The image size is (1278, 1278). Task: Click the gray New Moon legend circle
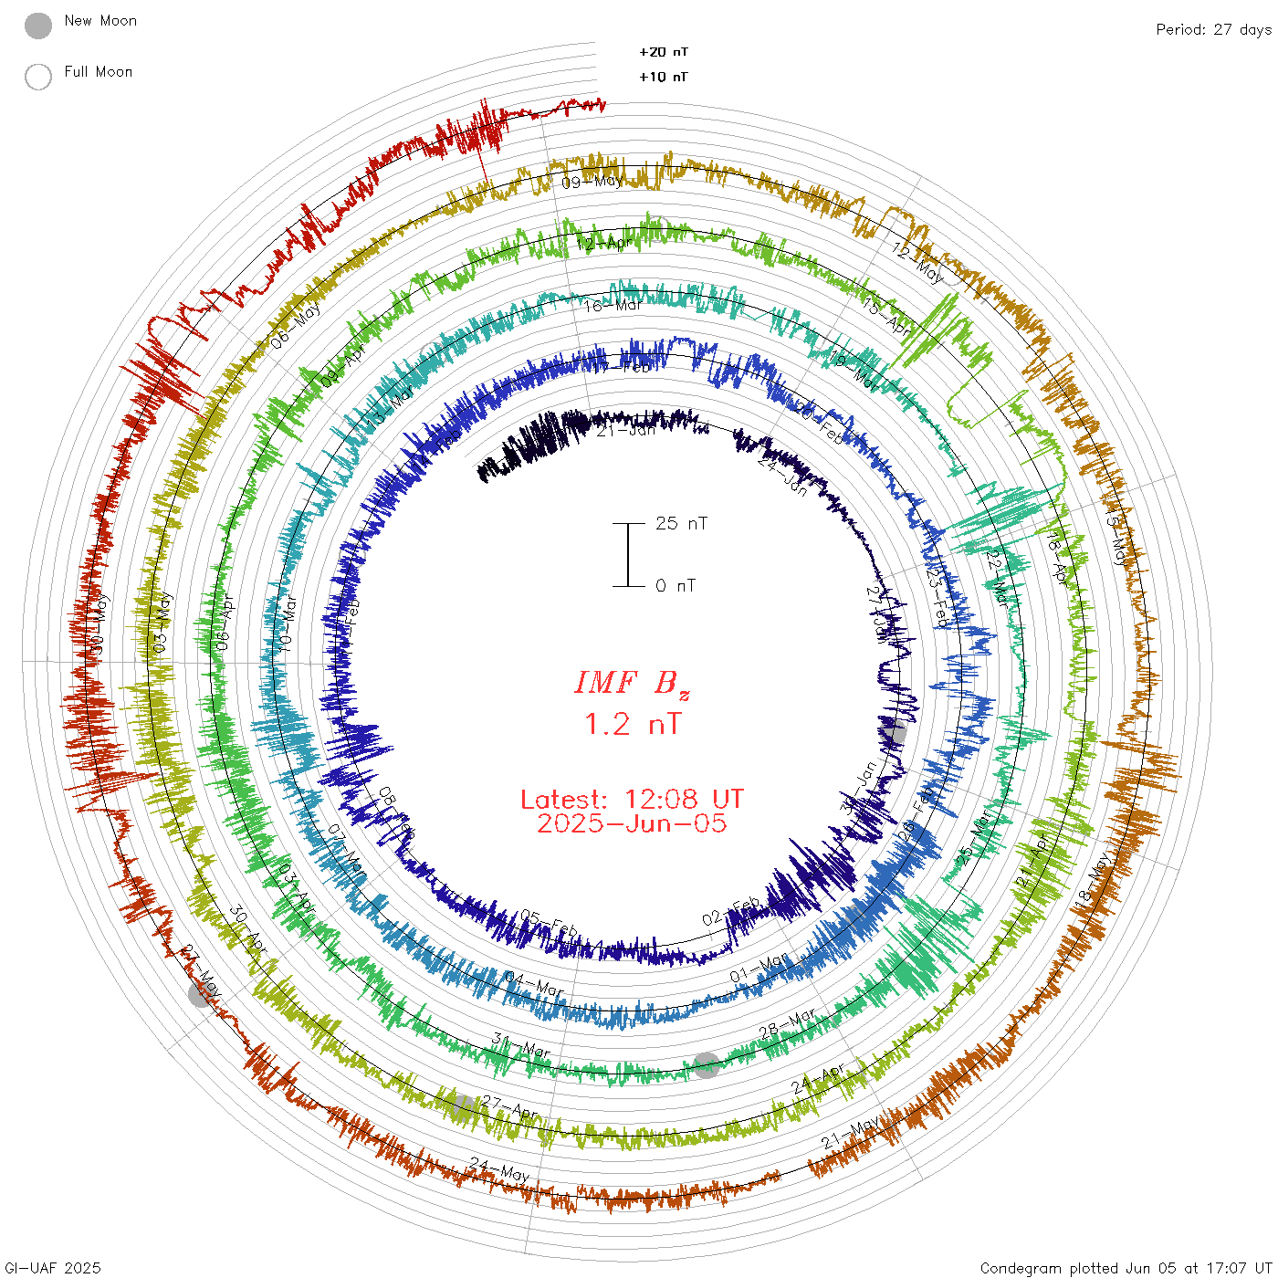click(x=38, y=26)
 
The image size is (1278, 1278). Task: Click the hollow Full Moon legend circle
click(x=38, y=77)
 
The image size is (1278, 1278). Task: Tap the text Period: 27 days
click(x=1213, y=29)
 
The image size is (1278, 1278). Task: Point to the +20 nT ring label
click(x=664, y=52)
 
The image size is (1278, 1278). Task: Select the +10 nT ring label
click(x=664, y=77)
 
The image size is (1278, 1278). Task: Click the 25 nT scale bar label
click(x=681, y=523)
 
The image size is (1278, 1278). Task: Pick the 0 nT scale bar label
click(x=676, y=585)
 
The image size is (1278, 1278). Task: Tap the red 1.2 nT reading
click(x=633, y=724)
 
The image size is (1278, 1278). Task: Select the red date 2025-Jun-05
click(x=632, y=823)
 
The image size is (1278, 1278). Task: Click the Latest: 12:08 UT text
click(x=632, y=800)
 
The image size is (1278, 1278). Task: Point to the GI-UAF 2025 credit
click(x=52, y=1268)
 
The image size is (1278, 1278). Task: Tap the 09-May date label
click(x=591, y=182)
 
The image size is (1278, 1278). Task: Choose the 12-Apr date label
click(x=603, y=244)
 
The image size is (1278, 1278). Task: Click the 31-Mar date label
click(x=521, y=1045)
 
